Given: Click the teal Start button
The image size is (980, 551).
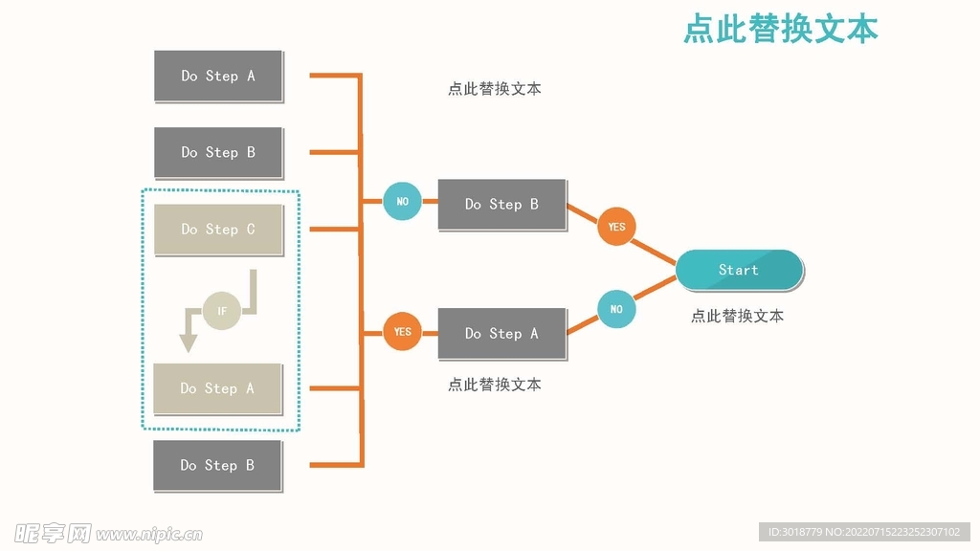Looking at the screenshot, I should [739, 270].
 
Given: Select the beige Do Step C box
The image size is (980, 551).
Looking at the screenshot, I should [218, 230].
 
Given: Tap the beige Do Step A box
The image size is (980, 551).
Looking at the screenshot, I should [217, 388].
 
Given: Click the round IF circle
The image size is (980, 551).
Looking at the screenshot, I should [222, 311].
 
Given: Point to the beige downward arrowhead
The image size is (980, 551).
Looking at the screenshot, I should [189, 342].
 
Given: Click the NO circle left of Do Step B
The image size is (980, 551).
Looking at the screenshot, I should [402, 202].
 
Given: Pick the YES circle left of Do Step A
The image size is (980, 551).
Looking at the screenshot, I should [402, 332].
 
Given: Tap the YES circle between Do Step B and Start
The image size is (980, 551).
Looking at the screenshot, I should [616, 227].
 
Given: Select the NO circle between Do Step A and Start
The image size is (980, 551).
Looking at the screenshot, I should [616, 309].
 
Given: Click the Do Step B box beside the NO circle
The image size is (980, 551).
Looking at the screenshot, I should [501, 204].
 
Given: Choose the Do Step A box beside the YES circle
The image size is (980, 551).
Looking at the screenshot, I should [501, 334].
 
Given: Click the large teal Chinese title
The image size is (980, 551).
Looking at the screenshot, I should [780, 29].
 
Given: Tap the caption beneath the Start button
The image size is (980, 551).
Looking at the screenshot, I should [737, 316].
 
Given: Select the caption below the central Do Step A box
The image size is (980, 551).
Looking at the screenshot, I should [494, 385].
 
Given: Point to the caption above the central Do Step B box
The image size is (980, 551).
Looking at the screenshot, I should [494, 89].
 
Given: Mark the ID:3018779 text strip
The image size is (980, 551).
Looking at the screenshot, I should [864, 532].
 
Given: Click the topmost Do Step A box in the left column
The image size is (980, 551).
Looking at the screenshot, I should [218, 76].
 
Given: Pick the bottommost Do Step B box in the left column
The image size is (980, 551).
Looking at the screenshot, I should [217, 465].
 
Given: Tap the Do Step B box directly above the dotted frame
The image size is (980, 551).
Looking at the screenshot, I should [218, 152].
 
